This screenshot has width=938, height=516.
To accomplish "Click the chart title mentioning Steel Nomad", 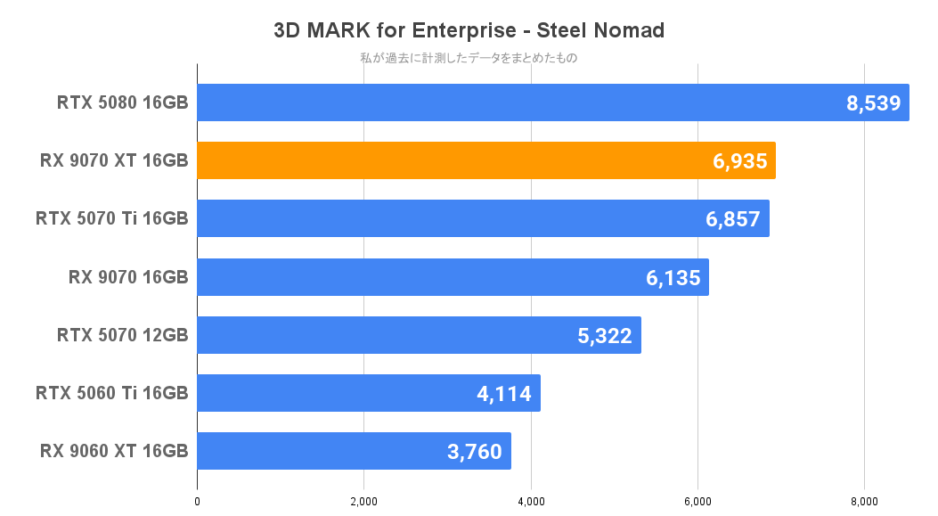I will pyautogui.click(x=469, y=30).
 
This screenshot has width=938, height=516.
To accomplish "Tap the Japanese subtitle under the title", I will pyautogui.click(x=469, y=58).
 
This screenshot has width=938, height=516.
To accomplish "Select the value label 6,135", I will pyautogui.click(x=673, y=278).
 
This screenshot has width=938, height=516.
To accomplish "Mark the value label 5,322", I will pyautogui.click(x=605, y=336).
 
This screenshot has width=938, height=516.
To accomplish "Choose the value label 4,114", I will pyautogui.click(x=504, y=394).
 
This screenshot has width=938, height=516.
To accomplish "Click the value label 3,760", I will pyautogui.click(x=476, y=452).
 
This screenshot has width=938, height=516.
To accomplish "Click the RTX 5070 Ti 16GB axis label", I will pyautogui.click(x=111, y=218).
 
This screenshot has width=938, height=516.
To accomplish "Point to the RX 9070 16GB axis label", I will pyautogui.click(x=127, y=277).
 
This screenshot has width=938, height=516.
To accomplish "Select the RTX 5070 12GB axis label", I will pyautogui.click(x=122, y=335).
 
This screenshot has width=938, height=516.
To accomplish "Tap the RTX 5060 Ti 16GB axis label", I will pyautogui.click(x=111, y=393).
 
